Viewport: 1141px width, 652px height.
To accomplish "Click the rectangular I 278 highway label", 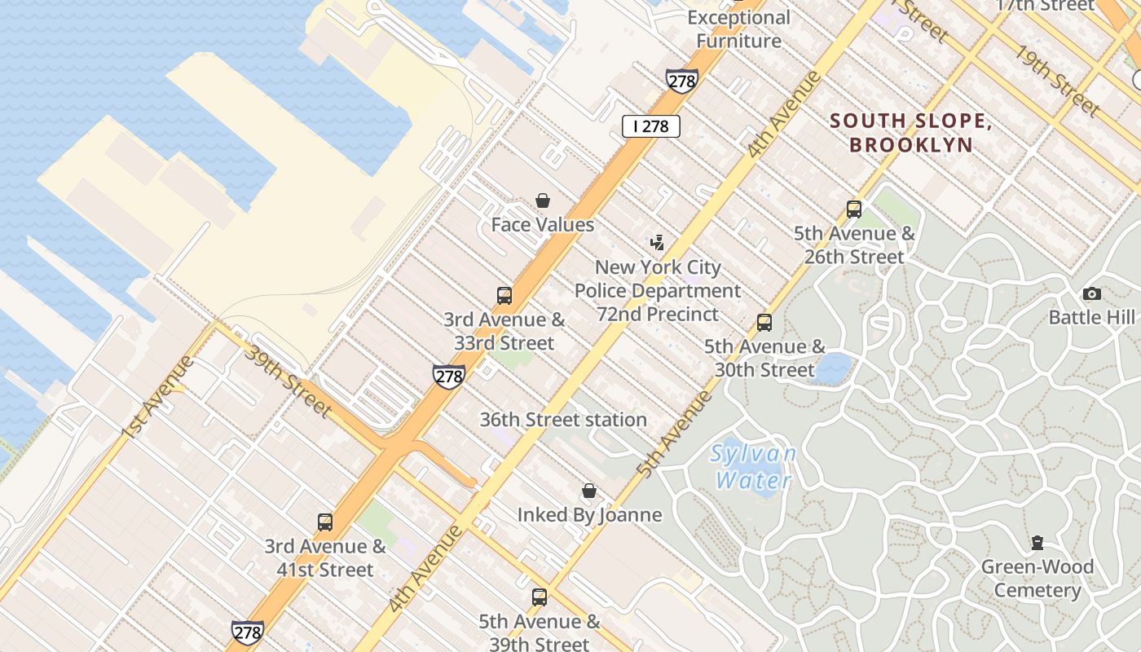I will pyautogui.click(x=650, y=126).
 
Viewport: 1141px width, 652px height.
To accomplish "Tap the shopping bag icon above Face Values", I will pyautogui.click(x=542, y=200).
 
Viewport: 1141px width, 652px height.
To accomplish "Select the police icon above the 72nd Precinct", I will pyautogui.click(x=657, y=243).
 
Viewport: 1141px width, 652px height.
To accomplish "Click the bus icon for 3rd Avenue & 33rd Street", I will pyautogui.click(x=504, y=296).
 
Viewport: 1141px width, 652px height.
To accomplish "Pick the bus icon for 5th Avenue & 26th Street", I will pyautogui.click(x=854, y=209).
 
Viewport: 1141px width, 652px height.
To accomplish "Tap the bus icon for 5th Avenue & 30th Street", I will pyautogui.click(x=764, y=323).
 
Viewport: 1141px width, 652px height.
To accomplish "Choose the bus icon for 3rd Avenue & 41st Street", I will pyautogui.click(x=325, y=522).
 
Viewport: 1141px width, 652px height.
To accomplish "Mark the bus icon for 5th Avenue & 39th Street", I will pyautogui.click(x=539, y=597).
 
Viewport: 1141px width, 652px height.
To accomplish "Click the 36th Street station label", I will pyautogui.click(x=563, y=420).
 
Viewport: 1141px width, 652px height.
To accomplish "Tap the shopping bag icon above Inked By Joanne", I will pyautogui.click(x=589, y=491).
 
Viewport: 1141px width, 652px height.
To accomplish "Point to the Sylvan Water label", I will pyautogui.click(x=753, y=467).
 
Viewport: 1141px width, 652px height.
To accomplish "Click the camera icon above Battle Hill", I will pyautogui.click(x=1091, y=294).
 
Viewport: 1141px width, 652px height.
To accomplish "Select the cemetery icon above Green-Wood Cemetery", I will pyautogui.click(x=1037, y=543).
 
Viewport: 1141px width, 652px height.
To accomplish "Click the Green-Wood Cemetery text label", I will pyautogui.click(x=1037, y=579).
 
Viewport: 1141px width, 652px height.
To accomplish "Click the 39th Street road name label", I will pyautogui.click(x=288, y=381).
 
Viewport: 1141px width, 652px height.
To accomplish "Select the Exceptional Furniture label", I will pyautogui.click(x=738, y=29).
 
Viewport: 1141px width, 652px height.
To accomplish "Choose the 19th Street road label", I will pyautogui.click(x=1056, y=79).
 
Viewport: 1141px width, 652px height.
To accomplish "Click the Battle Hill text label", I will pyautogui.click(x=1091, y=317).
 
